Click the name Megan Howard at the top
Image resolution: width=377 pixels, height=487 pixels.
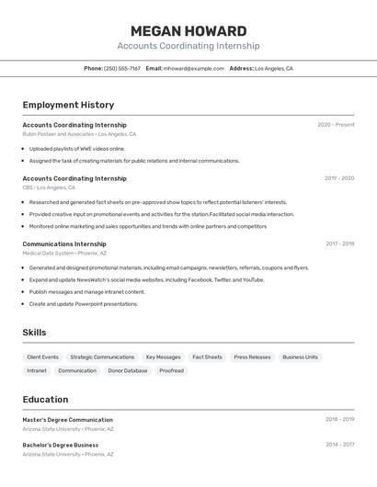tap(188, 30)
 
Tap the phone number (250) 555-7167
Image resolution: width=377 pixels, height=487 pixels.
tap(122, 69)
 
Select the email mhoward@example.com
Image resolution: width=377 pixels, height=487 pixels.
tap(194, 69)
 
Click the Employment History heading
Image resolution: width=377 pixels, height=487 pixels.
tap(68, 105)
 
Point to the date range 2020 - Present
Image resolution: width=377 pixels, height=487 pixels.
tap(336, 125)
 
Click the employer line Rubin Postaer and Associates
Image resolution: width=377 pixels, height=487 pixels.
tap(79, 134)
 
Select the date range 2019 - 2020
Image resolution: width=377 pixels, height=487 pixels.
tap(339, 178)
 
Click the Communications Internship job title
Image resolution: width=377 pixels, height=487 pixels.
tap(64, 244)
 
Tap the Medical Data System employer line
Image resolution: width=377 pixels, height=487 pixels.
tap(64, 254)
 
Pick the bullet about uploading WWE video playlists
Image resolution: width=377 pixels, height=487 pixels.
tap(76, 148)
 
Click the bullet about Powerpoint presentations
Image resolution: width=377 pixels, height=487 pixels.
tap(83, 304)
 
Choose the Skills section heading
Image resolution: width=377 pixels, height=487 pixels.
tap(34, 333)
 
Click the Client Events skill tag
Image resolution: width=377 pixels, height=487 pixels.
tap(42, 357)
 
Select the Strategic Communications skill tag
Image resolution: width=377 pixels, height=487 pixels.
tap(102, 357)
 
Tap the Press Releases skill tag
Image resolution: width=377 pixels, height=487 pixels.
tap(252, 357)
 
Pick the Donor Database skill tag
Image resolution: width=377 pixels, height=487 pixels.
tap(128, 371)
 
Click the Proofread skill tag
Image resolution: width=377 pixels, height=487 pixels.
tap(171, 371)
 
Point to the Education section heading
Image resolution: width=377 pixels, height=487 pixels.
tap(45, 400)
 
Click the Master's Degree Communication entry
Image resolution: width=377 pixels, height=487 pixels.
tap(67, 420)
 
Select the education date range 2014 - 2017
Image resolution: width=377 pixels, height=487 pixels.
tap(339, 445)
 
